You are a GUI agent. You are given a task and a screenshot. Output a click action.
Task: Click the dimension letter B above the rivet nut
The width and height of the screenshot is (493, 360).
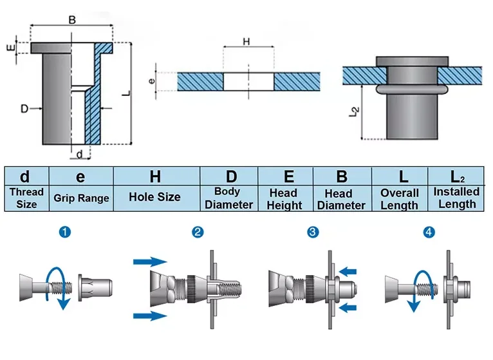72,20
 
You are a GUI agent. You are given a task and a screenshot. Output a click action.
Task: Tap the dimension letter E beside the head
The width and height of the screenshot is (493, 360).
11,48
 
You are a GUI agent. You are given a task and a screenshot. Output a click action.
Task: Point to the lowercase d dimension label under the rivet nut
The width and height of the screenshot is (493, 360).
80,154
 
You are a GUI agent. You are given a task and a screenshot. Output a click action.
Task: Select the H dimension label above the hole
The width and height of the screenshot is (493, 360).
247,41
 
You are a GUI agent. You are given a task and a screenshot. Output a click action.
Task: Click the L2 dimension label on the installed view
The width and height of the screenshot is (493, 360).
355,112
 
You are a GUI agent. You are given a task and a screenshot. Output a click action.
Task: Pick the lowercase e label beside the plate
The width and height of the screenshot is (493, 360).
151,81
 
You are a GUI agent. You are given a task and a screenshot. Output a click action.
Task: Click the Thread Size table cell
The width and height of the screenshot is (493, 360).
27,198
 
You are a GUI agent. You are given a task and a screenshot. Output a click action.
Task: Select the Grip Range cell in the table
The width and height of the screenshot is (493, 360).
81,198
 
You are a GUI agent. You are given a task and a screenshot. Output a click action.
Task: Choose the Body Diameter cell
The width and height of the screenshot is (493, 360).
229,198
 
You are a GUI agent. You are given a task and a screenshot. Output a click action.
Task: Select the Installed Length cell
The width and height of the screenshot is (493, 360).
456,198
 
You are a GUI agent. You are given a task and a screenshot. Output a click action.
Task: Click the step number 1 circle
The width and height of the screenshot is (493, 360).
65,232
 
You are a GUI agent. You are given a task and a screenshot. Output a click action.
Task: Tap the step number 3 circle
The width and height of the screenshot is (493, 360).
313,232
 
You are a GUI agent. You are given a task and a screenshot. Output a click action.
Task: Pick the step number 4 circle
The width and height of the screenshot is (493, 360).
429,232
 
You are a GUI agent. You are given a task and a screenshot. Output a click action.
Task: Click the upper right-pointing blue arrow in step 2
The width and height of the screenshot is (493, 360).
150,261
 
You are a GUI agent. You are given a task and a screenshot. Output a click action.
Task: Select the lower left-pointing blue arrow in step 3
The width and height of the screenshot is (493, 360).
348,307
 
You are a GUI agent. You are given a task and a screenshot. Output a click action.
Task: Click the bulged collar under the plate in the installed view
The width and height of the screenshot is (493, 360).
412,90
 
